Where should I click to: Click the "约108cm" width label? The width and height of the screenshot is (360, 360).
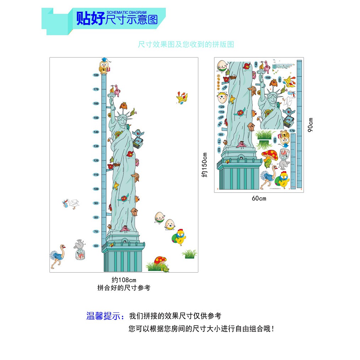[x=121, y=280]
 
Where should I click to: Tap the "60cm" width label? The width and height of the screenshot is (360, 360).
[x=259, y=198]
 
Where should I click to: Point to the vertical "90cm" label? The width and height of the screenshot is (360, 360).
[x=311, y=125]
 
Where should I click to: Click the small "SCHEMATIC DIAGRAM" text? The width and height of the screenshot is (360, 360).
[x=126, y=12]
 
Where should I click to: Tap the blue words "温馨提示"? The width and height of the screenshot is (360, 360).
[x=105, y=316]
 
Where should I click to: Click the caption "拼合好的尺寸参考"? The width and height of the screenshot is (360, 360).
[x=124, y=288]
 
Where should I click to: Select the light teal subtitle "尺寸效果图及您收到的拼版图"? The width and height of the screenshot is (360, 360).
[x=186, y=45]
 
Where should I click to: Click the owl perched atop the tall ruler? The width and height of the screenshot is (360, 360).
[x=104, y=66]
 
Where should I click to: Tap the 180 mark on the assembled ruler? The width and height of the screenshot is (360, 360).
[x=96, y=75]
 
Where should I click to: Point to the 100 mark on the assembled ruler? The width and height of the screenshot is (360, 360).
[x=96, y=189]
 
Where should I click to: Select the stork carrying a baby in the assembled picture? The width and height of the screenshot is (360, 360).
[x=71, y=204]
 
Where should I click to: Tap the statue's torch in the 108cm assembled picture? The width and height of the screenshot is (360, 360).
[x=114, y=92]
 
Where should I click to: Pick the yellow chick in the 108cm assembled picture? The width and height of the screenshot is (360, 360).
[x=181, y=236]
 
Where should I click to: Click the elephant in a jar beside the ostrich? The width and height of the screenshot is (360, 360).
[x=80, y=250]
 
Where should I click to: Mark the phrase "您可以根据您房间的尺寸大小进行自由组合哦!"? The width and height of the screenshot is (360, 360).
[x=201, y=329]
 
